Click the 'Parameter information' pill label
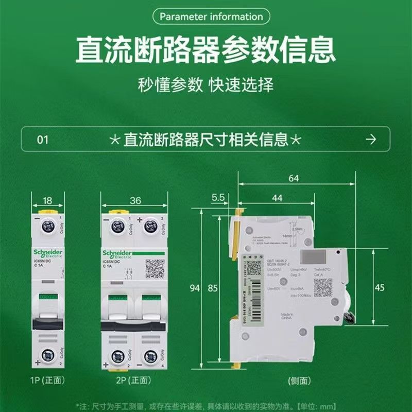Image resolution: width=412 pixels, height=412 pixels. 211,16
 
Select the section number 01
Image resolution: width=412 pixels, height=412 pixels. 44,140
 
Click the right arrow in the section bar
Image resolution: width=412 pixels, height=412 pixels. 370,140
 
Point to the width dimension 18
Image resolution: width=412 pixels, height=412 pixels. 47,200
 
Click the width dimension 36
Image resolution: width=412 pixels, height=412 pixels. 135,200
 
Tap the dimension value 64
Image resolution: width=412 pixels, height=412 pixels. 294,179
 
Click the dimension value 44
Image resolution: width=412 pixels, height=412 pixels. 277,198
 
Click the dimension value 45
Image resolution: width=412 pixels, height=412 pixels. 380,288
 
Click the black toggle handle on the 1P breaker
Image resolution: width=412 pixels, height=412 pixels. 47,323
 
